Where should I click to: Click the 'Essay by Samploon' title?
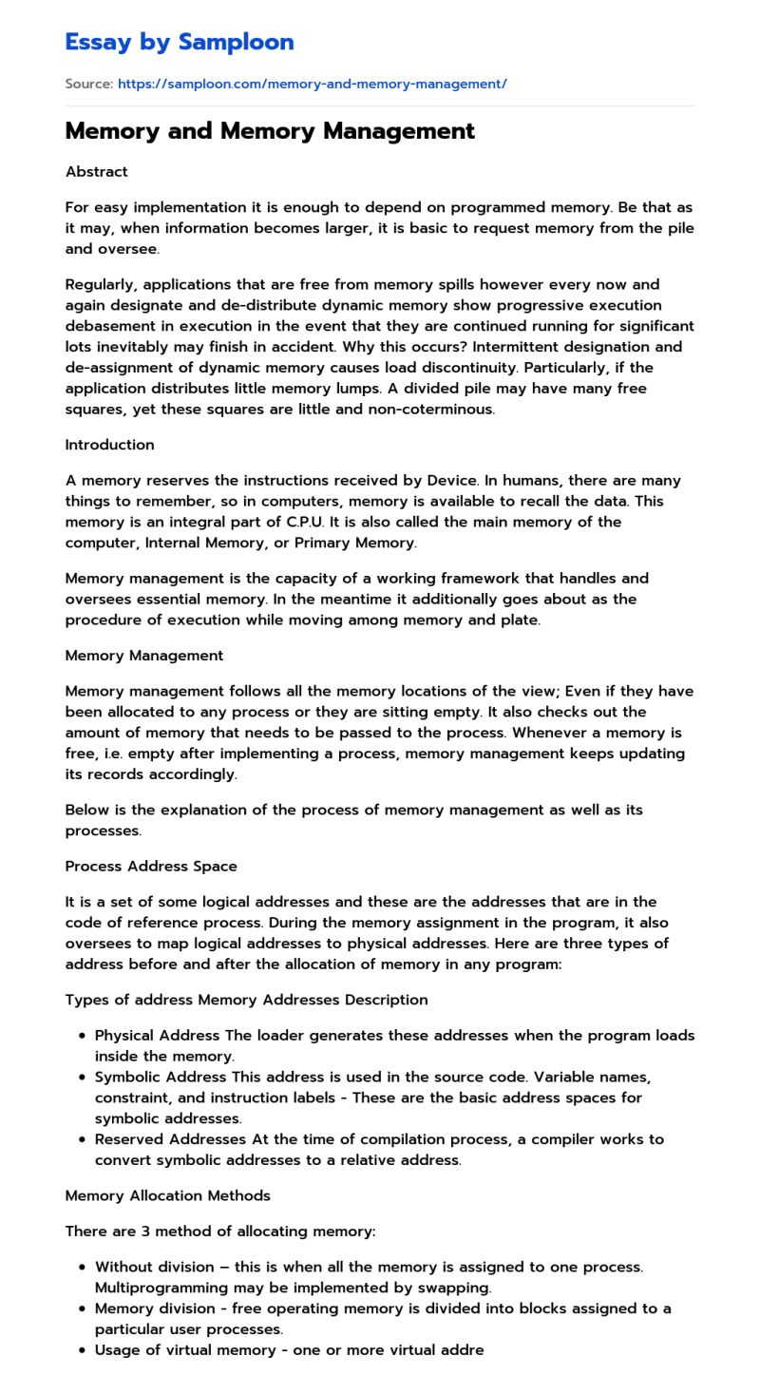tap(180, 42)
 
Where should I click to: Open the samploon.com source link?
tap(312, 84)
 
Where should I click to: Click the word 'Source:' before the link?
tap(89, 84)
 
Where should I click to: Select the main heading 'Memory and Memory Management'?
tap(270, 131)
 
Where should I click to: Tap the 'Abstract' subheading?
tap(96, 172)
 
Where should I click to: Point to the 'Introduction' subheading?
tap(109, 445)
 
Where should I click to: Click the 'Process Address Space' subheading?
tap(150, 867)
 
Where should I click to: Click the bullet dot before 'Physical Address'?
tap(84, 1036)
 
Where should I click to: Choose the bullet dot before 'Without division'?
tap(84, 1268)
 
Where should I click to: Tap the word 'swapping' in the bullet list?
tap(457, 1289)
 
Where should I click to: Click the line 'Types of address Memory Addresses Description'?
tap(246, 1000)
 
